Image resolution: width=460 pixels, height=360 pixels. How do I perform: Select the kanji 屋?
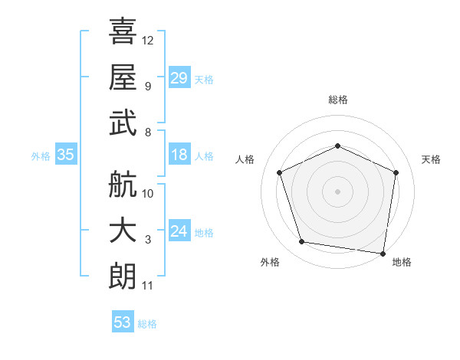[123, 77]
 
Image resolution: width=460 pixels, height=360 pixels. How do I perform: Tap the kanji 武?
[123, 123]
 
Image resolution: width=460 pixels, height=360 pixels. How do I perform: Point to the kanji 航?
[123, 185]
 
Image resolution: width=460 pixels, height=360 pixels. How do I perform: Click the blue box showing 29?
[179, 78]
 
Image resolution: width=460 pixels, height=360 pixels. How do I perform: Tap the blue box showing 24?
[179, 232]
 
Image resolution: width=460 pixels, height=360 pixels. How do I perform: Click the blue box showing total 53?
[123, 322]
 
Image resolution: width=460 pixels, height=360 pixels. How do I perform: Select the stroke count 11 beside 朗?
[148, 286]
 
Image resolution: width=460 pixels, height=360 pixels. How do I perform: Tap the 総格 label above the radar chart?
[337, 100]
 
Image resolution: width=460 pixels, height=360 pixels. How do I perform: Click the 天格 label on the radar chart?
[431, 159]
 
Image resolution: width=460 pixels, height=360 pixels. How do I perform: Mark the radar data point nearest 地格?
[383, 253]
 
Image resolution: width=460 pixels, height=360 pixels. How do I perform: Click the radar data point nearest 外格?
[302, 242]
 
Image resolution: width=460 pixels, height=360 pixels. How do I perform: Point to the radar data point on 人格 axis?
[281, 172]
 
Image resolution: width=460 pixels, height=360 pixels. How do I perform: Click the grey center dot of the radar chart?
[337, 191]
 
